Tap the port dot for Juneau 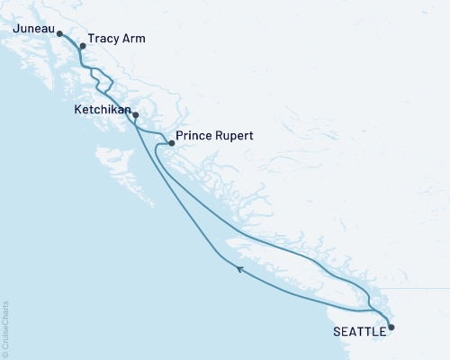click(x=59, y=34)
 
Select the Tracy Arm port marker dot click(x=82, y=46)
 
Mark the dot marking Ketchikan click(x=135, y=115)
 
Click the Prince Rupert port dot click(x=169, y=144)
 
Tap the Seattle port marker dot click(x=391, y=328)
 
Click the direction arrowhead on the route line click(x=238, y=267)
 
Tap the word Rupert click(x=233, y=136)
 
